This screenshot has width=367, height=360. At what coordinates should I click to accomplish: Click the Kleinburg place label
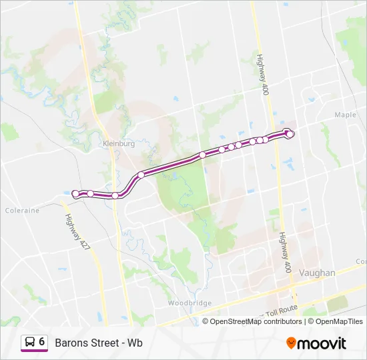pos(119,143)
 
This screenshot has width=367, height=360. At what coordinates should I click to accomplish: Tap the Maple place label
pos(345,115)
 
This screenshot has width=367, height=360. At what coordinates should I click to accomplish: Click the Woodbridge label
pos(190,303)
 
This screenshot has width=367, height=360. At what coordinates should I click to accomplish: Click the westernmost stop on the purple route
pos(75,193)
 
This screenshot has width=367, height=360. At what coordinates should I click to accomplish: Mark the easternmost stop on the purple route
pos(290,134)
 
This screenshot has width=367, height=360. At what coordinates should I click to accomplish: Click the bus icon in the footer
pos(29,343)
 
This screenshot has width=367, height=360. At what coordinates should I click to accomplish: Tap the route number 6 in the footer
pos(42,342)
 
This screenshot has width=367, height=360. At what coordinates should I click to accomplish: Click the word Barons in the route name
pos(71,343)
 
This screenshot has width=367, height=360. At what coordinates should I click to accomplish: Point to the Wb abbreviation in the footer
pos(135,343)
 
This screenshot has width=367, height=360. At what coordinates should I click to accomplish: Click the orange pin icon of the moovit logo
pos(291,343)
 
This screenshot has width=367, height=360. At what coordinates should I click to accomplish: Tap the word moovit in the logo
pos(322,343)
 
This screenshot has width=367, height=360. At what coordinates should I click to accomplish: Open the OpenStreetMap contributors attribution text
pos(256,321)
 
